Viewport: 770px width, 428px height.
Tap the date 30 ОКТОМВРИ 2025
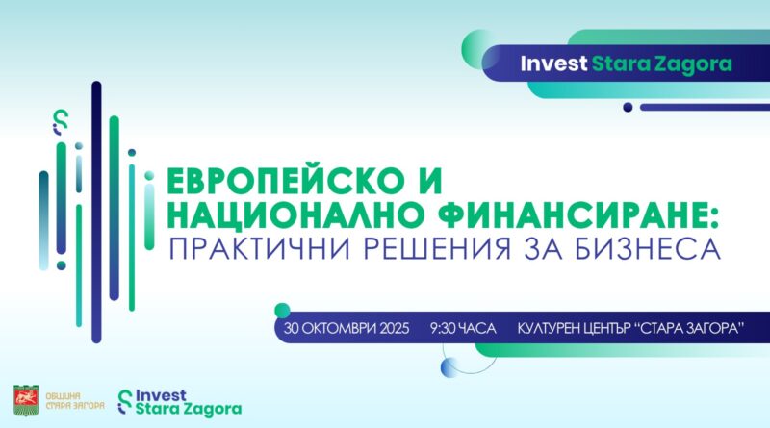point(346,328)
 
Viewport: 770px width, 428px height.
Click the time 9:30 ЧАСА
point(463,328)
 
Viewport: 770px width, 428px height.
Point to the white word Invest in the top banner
point(554,63)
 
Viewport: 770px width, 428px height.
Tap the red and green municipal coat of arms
point(26,400)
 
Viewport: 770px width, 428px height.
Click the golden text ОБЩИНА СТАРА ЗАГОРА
point(75,400)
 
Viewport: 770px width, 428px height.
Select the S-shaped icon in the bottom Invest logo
point(125,402)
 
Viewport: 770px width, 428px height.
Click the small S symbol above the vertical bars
point(61,122)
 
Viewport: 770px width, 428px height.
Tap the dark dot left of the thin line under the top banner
point(628,107)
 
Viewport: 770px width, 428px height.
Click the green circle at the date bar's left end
point(282,311)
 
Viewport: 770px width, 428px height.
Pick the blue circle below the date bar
point(449,367)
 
